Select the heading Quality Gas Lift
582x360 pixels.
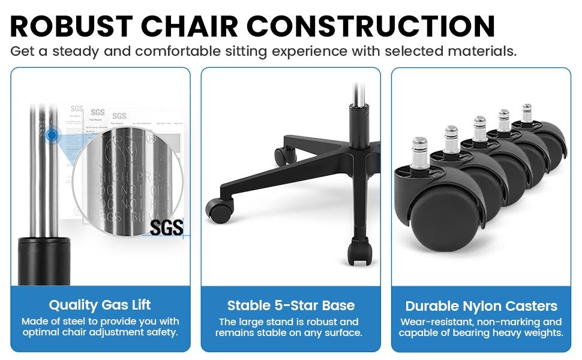(x=100, y=305)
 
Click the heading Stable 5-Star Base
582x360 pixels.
(x=291, y=305)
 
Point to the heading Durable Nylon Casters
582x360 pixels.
(x=481, y=307)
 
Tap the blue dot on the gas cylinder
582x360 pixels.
(x=53, y=136)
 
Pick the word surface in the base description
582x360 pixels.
(x=340, y=332)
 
